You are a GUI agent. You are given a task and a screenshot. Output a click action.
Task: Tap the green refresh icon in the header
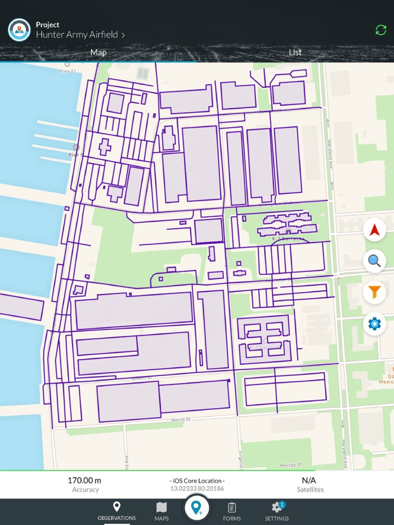381,30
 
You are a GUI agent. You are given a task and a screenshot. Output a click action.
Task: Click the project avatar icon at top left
19,30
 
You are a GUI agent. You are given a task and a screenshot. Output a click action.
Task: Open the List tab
295,52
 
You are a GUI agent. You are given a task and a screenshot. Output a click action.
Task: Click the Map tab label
98,52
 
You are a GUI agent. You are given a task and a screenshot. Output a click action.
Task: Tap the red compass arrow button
374,230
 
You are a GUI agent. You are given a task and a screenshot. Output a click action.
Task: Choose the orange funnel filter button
374,292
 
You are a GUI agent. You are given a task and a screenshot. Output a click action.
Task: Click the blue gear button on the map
374,324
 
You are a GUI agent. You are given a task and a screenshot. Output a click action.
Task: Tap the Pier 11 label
68,71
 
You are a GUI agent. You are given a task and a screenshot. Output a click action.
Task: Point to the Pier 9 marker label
76,154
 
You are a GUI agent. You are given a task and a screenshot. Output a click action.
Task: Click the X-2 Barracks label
288,239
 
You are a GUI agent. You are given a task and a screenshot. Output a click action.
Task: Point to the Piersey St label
290,465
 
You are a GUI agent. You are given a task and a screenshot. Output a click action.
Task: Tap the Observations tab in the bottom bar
117,512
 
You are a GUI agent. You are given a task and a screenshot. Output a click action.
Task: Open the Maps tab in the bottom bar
162,512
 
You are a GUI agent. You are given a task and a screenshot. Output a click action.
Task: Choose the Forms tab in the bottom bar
232,512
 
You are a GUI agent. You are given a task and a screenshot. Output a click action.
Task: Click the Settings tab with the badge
276,512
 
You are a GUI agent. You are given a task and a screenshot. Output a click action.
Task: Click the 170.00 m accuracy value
84,481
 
